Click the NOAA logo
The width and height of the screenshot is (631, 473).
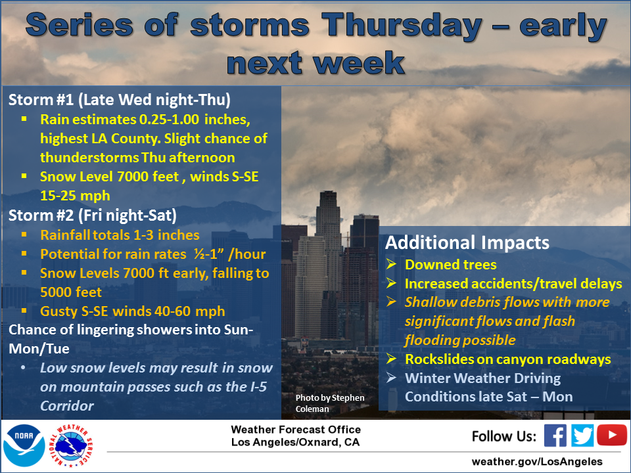(24, 445)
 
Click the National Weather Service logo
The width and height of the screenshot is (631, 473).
(71, 445)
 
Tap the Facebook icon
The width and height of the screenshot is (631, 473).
(555, 436)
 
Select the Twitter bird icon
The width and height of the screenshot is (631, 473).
(582, 436)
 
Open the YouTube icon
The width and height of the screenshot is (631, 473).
(612, 435)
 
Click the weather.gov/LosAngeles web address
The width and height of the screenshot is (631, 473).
(537, 461)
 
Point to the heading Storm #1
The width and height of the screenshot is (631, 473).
(41, 100)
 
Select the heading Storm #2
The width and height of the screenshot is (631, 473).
(41, 215)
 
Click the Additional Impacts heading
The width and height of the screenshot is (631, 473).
(467, 242)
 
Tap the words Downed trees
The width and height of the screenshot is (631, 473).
(451, 265)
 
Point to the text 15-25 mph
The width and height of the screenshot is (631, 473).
(75, 196)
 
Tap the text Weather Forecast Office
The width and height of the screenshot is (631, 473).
(296, 430)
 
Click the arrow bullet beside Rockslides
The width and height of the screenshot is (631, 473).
(390, 359)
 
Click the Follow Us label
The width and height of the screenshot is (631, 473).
(504, 436)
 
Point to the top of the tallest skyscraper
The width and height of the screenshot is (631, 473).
(327, 192)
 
